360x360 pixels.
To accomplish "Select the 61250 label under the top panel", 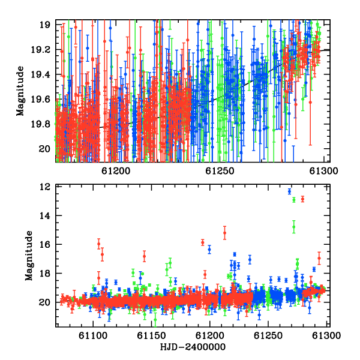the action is pyautogui.click(x=220, y=171).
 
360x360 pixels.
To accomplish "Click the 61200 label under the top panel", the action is pyautogui.click(x=116, y=171).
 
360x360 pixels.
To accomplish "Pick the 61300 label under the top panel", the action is pyautogui.click(x=323, y=171).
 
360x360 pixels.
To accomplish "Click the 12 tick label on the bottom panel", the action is pyautogui.click(x=45, y=187).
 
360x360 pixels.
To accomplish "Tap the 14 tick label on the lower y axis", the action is pyautogui.click(x=45, y=215).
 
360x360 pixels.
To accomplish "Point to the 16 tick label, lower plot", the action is pyautogui.click(x=45, y=244).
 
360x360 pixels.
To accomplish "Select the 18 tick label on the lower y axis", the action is pyautogui.click(x=45, y=273).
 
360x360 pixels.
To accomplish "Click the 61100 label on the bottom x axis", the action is pyautogui.click(x=93, y=336).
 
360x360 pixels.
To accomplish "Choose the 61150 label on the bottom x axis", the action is pyautogui.click(x=151, y=336).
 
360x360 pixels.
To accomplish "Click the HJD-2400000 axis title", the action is pyautogui.click(x=193, y=347).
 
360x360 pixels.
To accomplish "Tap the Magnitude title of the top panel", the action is pyautogui.click(x=20, y=91).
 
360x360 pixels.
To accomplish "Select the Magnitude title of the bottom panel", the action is pyautogui.click(x=29, y=256).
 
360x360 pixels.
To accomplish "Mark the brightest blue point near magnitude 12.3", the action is pyautogui.click(x=290, y=191).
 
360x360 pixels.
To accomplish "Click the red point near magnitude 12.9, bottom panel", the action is pyautogui.click(x=302, y=199).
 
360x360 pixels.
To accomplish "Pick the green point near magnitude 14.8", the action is pyautogui.click(x=294, y=227).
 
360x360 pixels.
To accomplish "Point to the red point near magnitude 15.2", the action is pyautogui.click(x=225, y=233).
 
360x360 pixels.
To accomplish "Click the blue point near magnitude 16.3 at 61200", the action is pyautogui.click(x=209, y=249).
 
